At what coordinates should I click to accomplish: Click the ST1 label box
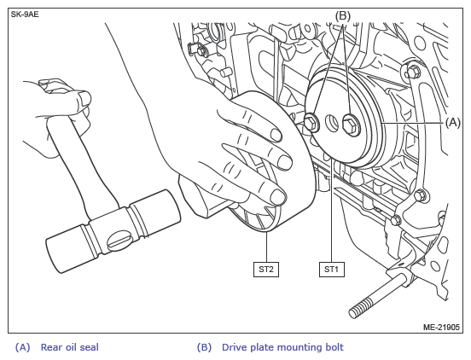pyautogui.click(x=332, y=270)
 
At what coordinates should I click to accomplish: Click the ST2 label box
pyautogui.click(x=266, y=270)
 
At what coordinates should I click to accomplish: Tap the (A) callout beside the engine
pyautogui.click(x=453, y=123)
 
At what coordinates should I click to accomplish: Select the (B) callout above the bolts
pyautogui.click(x=343, y=15)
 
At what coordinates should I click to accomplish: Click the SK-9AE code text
pyautogui.click(x=25, y=15)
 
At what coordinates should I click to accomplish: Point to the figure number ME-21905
pyautogui.click(x=441, y=327)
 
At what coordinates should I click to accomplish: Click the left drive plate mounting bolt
pyautogui.click(x=311, y=123)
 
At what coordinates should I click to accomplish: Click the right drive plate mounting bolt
pyautogui.click(x=351, y=125)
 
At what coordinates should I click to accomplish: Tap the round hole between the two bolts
pyautogui.click(x=332, y=123)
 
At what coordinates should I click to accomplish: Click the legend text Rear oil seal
pyautogui.click(x=70, y=347)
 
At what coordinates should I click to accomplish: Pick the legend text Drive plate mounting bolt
pyautogui.click(x=282, y=347)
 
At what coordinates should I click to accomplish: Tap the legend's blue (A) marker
pyautogui.click(x=23, y=347)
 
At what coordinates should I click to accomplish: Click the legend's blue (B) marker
pyautogui.click(x=204, y=347)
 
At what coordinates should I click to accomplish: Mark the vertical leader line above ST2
pyautogui.click(x=266, y=247)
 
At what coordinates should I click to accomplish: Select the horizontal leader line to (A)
pyautogui.click(x=413, y=123)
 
